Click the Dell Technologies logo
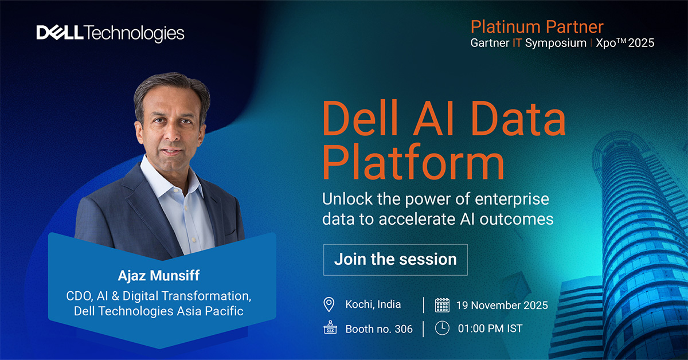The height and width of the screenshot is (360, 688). (111, 33)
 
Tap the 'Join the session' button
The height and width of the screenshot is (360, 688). (395, 259)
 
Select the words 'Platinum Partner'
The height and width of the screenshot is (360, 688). (537, 26)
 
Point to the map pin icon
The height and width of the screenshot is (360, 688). (329, 304)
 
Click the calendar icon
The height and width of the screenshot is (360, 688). (442, 304)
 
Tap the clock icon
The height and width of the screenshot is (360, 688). (442, 328)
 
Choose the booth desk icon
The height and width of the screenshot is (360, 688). (329, 328)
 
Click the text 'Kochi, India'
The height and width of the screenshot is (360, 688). (373, 304)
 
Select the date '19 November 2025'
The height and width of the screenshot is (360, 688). (502, 305)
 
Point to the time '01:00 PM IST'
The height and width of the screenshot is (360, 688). (490, 329)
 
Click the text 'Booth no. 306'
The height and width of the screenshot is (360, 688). (379, 329)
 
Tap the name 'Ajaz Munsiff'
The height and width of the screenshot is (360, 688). (159, 276)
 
